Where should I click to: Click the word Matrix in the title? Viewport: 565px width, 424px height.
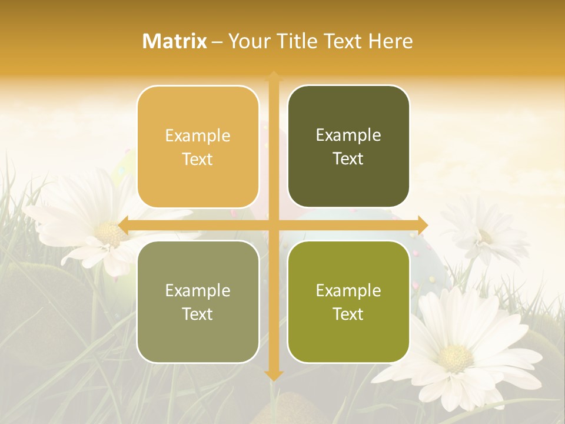click(175, 41)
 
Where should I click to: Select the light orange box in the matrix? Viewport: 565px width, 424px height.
click(198, 147)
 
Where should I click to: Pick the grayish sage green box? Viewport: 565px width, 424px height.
click(198, 302)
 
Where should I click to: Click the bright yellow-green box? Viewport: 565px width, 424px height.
click(348, 302)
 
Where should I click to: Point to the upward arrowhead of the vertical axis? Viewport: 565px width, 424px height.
click(273, 75)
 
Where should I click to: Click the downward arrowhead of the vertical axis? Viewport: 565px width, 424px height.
click(273, 375)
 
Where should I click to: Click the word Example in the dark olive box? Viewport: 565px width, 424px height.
click(348, 135)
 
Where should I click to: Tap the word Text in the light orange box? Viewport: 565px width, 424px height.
click(198, 159)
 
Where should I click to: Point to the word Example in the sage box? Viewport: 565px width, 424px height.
click(198, 290)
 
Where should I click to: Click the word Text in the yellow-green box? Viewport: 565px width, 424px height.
click(348, 314)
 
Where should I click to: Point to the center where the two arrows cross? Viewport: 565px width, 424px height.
click(273, 225)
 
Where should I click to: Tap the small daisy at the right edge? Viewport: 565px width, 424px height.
click(484, 236)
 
